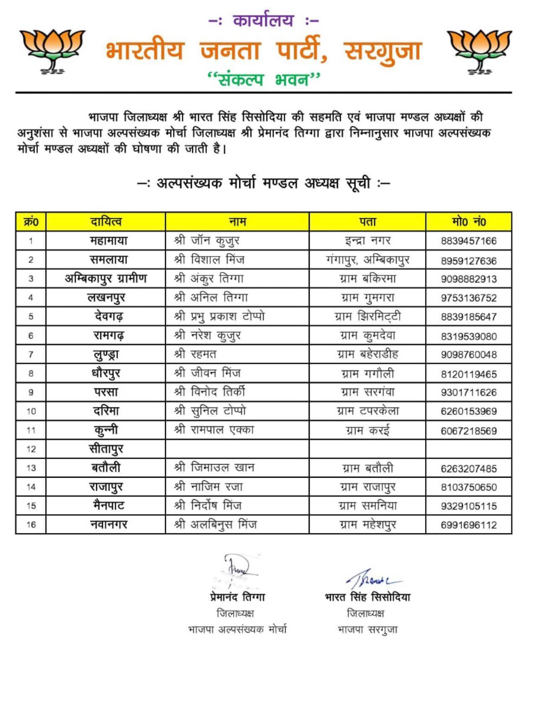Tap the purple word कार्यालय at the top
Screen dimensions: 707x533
(263, 21)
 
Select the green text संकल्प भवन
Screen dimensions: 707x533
(264, 79)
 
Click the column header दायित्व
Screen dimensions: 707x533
(106, 222)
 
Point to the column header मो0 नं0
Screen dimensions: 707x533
(468, 222)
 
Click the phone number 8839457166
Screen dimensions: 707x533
(468, 241)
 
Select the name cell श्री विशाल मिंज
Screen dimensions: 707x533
(209, 260)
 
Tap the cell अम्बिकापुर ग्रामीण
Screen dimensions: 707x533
(106, 279)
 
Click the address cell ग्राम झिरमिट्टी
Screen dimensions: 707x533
(367, 316)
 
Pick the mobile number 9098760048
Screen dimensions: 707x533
(468, 354)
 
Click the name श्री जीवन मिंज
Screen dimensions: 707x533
(207, 373)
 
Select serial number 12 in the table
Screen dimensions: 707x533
(31, 449)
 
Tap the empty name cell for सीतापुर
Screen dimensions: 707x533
(237, 449)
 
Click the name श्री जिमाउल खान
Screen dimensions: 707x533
(214, 468)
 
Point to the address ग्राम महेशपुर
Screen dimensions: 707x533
(367, 525)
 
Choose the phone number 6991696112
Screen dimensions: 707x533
(468, 525)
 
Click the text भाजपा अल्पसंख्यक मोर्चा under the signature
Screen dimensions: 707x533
(237, 630)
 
